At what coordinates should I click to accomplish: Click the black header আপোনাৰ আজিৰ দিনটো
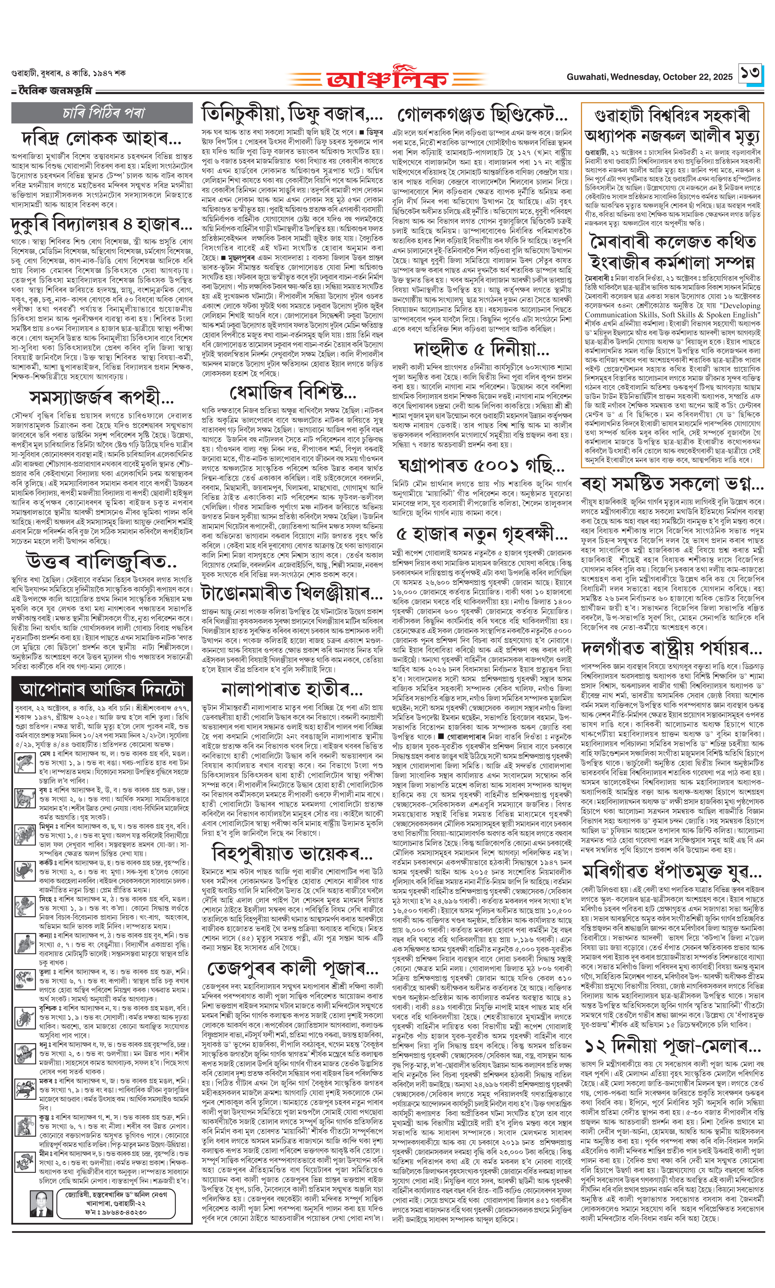102,689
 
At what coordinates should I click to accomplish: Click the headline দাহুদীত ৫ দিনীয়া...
482,349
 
